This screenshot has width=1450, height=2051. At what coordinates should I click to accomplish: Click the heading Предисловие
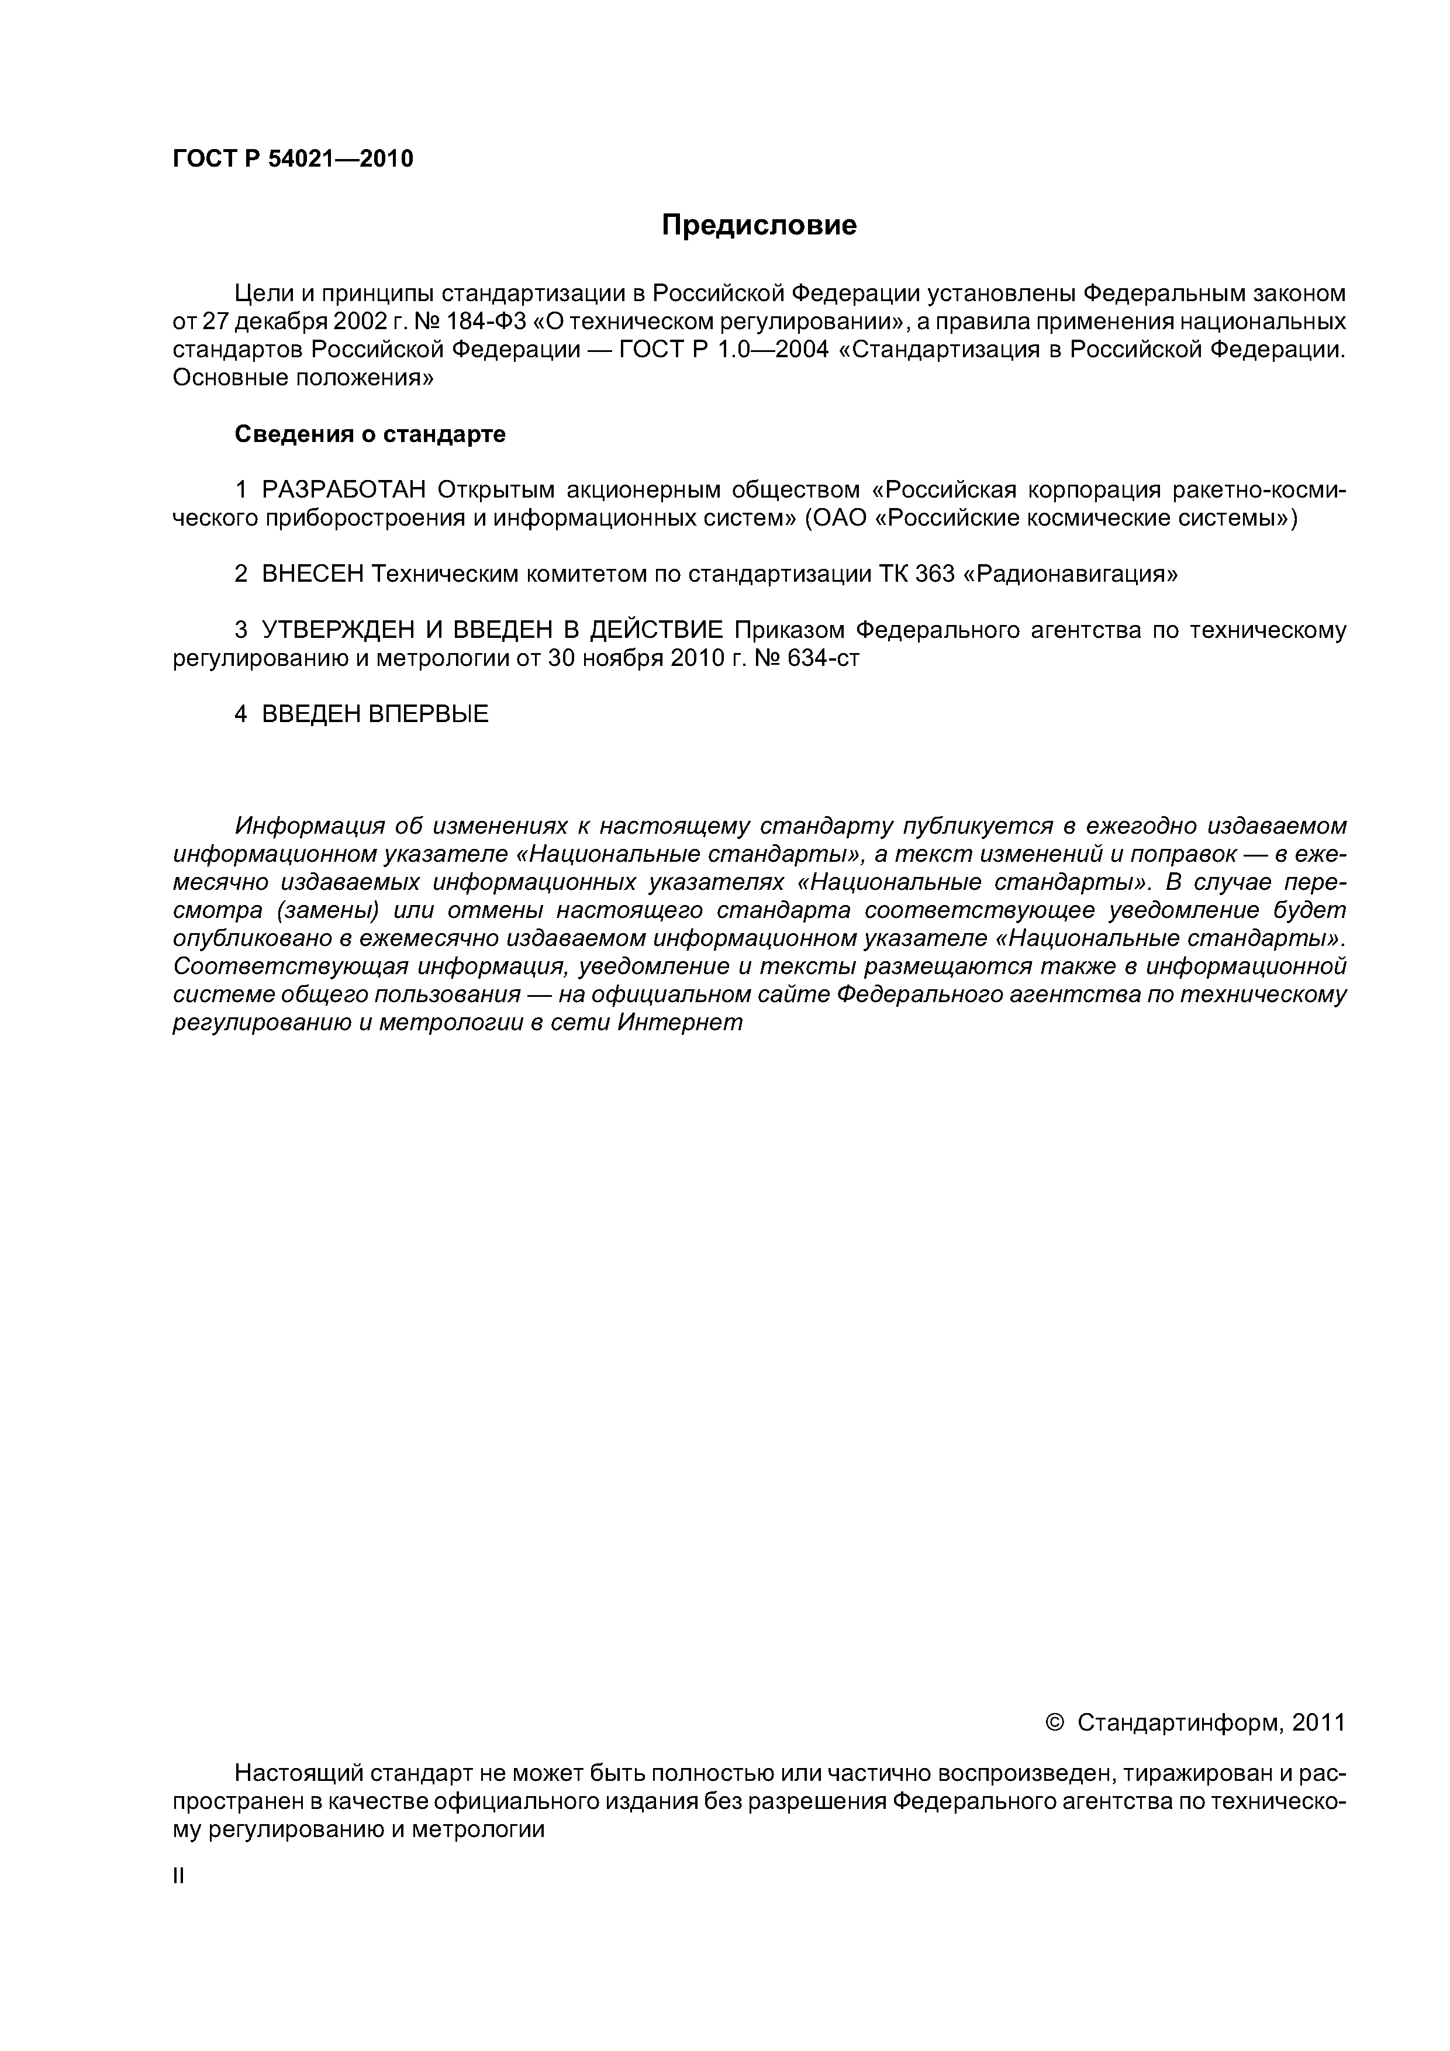pyautogui.click(x=758, y=225)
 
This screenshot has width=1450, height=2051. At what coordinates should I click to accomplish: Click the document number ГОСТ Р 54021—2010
pyautogui.click(x=292, y=159)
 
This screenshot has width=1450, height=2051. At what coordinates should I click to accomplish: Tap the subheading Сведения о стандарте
pyautogui.click(x=370, y=434)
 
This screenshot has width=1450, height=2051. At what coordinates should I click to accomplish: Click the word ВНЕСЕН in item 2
pyautogui.click(x=313, y=574)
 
